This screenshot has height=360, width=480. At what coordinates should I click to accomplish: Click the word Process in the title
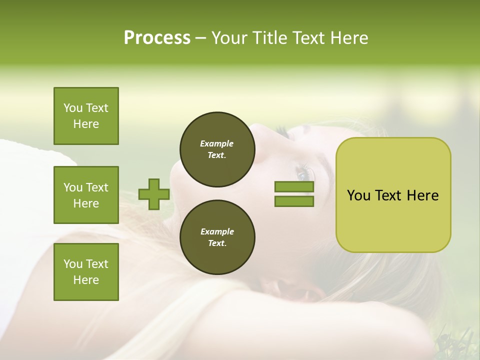point(157,38)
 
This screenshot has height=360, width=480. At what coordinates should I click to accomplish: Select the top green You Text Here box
point(86,116)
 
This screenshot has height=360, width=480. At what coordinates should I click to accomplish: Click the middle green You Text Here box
point(86,195)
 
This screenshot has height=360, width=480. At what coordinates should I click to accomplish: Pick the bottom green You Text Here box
point(86,271)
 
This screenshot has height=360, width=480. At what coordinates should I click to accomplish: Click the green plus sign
point(154,194)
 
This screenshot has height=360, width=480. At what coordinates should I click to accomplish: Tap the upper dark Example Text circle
point(217,149)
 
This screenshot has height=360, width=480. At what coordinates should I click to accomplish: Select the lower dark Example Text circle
point(217,237)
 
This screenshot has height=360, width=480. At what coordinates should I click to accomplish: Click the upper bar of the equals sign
point(294,187)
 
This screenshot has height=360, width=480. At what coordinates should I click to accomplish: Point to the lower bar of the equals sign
point(294,201)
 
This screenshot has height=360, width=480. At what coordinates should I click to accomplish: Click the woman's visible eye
point(303,175)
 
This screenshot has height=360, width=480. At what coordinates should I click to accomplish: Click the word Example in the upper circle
point(217,143)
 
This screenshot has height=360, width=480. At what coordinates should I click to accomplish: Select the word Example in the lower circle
point(217,231)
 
